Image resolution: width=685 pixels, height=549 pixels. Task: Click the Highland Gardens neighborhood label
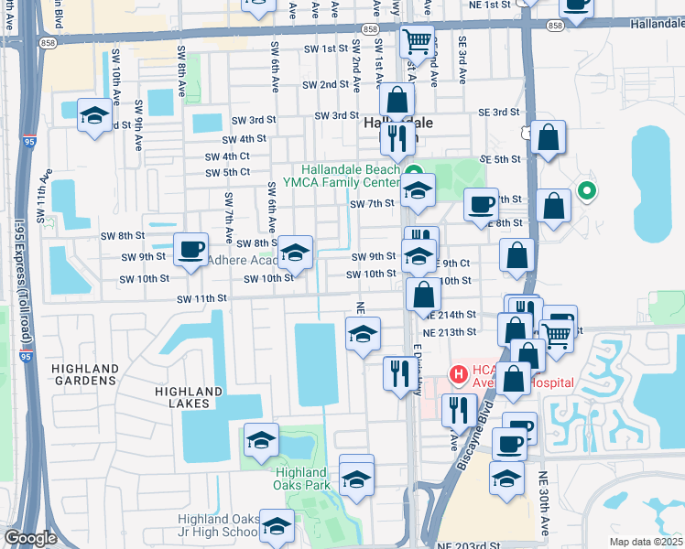click(x=86, y=375)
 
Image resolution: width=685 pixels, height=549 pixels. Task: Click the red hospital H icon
click(x=458, y=374)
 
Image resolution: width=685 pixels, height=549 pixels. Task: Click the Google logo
click(x=30, y=538)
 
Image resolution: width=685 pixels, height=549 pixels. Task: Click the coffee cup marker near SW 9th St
click(x=190, y=250)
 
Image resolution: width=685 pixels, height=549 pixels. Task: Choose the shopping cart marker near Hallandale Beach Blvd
click(x=417, y=40)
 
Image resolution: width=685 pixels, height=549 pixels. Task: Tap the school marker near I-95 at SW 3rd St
click(x=94, y=116)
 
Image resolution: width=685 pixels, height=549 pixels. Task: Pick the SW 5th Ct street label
click(x=227, y=172)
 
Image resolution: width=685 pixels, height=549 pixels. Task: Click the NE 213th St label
click(x=450, y=331)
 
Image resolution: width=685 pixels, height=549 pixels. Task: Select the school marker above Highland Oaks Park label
click(x=261, y=442)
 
